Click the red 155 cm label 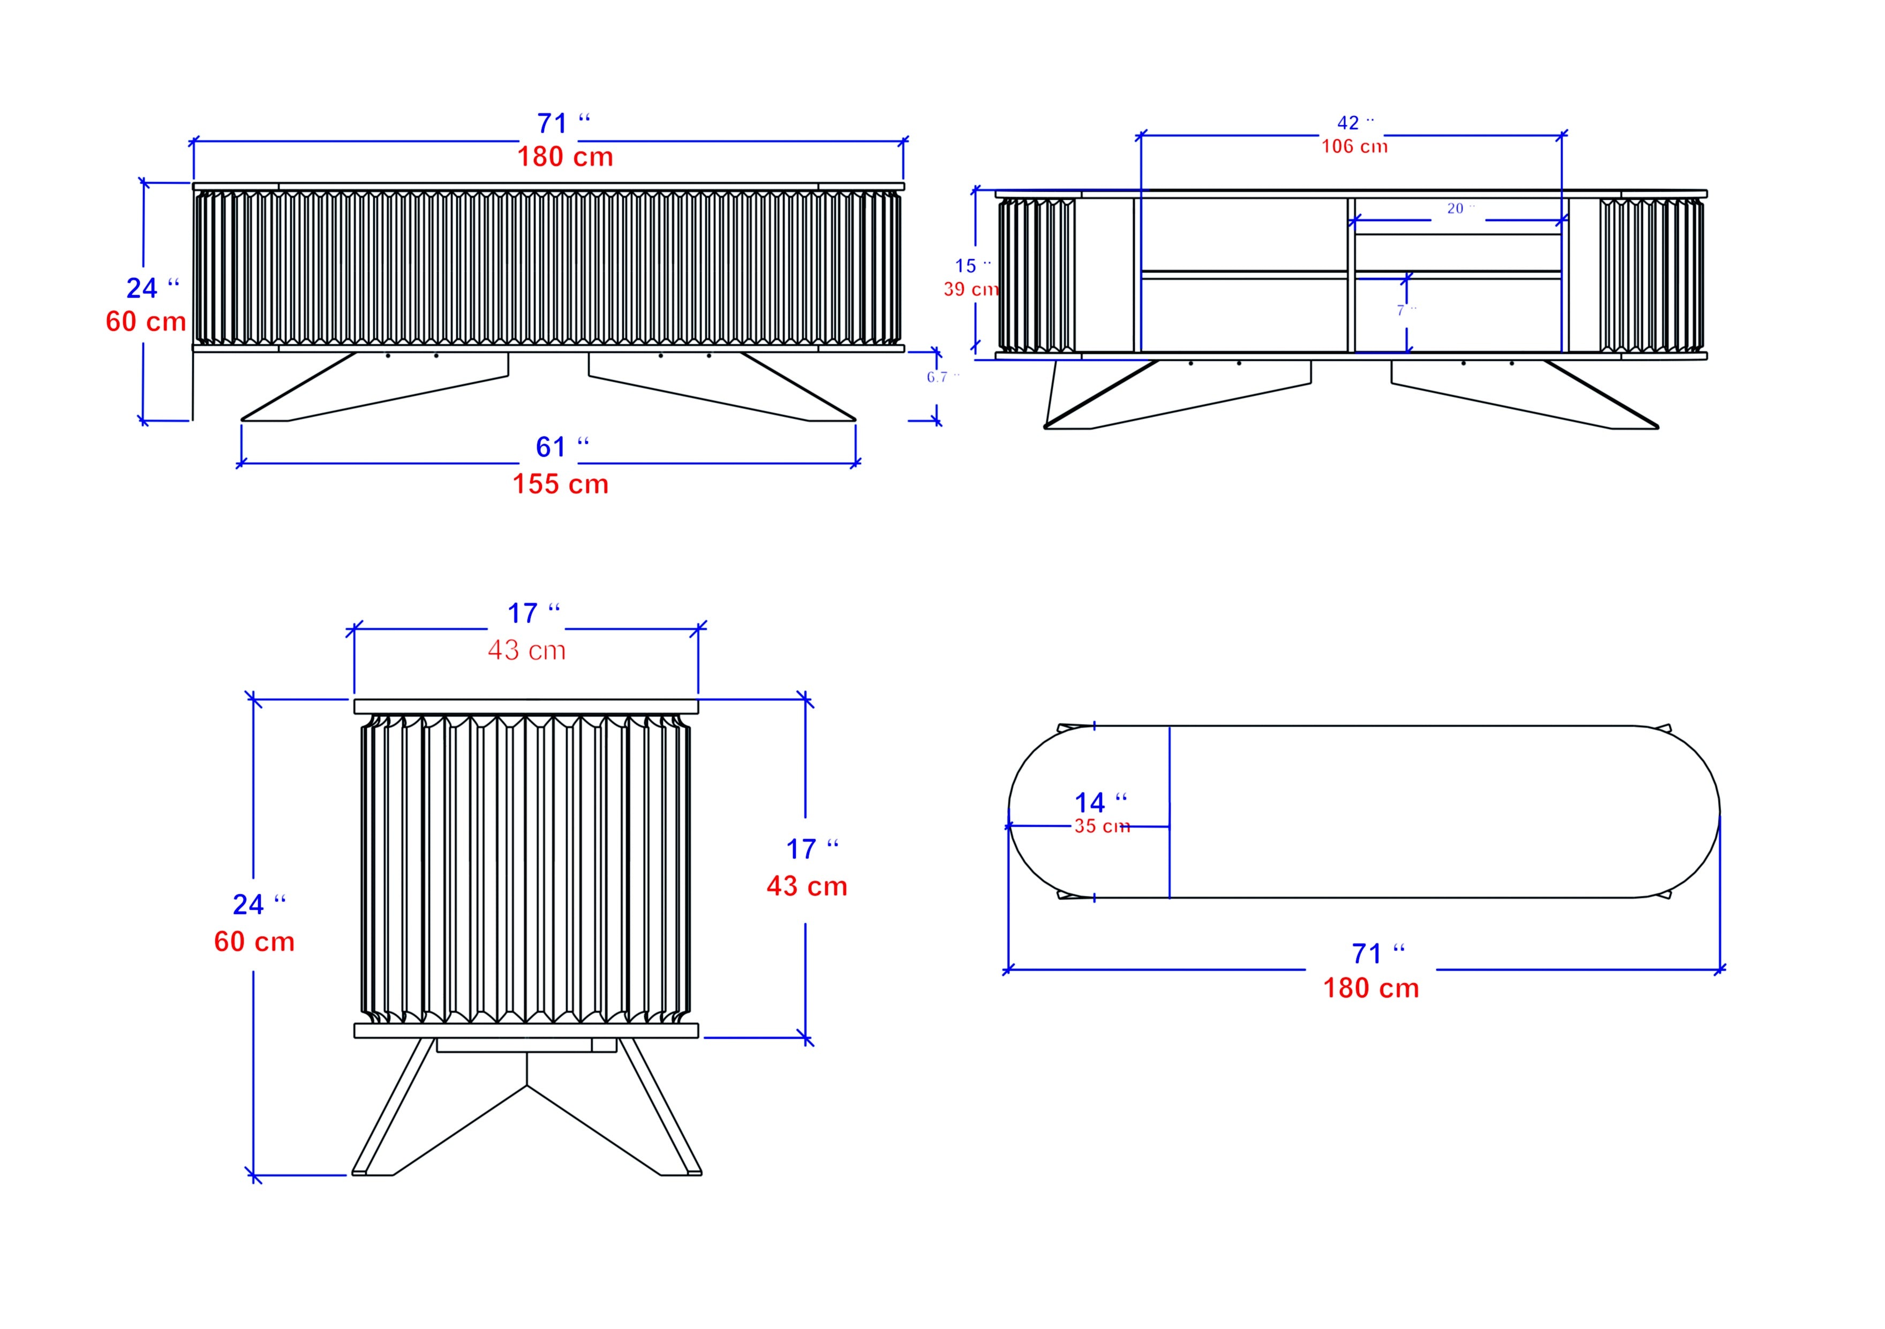561,484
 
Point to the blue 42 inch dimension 1355,123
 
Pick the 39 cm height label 970,289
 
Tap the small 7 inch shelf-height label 1406,310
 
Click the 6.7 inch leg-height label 941,377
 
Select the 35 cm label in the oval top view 1102,827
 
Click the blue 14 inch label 1100,802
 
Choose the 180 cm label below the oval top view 1370,987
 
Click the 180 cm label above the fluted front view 565,157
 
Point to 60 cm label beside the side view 254,941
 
